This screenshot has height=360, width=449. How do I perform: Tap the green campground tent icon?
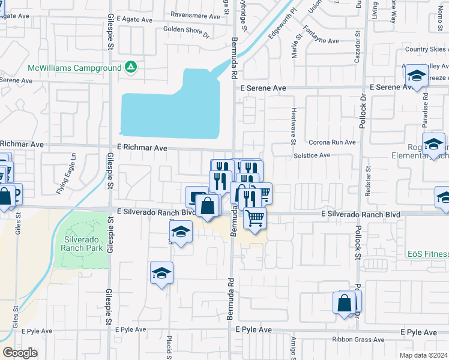(130, 67)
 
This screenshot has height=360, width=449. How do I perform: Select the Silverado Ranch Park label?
(83, 243)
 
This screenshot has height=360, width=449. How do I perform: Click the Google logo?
(20, 353)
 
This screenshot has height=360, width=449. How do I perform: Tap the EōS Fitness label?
(427, 254)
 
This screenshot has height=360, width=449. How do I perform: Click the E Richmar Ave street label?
(142, 147)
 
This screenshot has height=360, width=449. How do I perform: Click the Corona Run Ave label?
(332, 143)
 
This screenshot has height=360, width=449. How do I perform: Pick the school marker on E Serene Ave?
(415, 76)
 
